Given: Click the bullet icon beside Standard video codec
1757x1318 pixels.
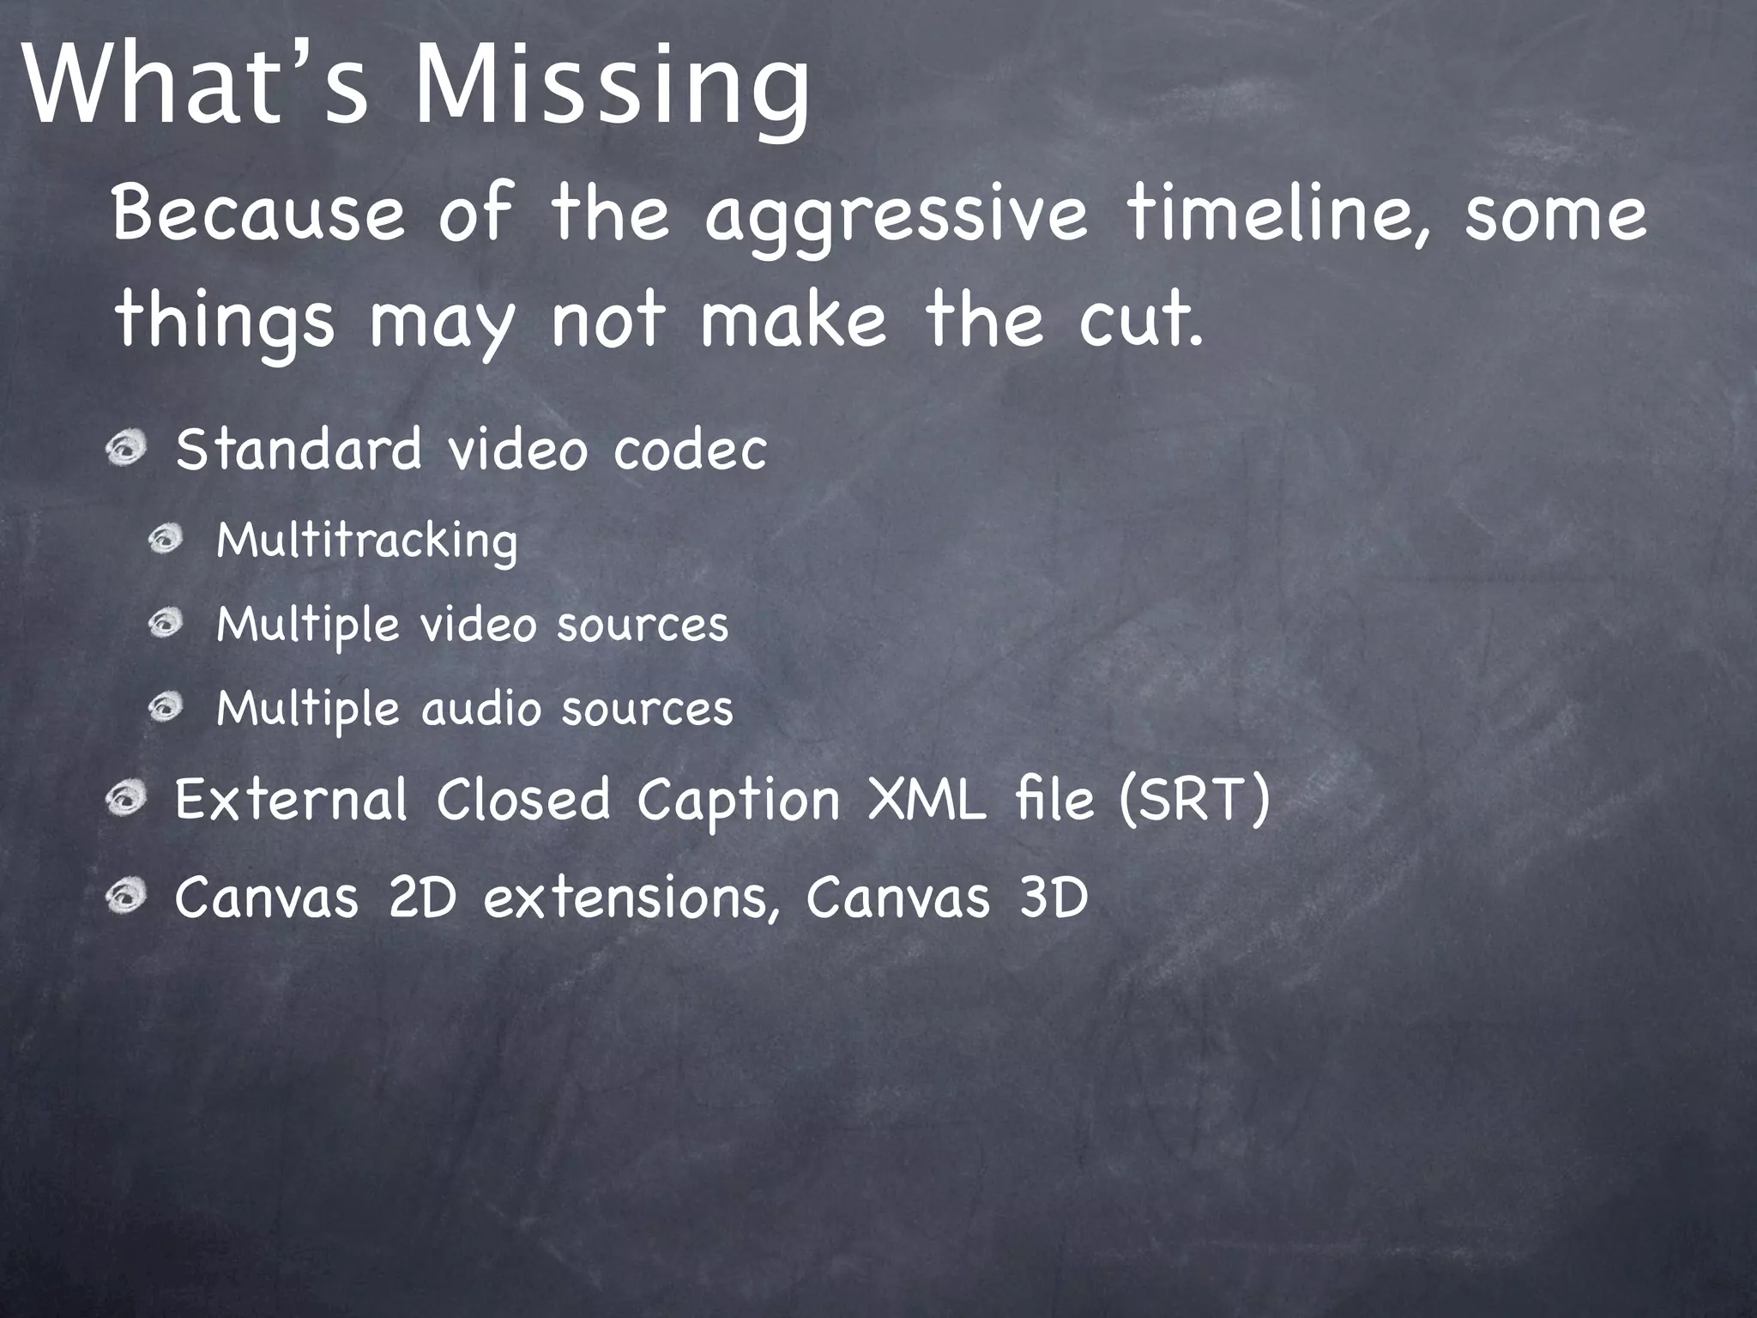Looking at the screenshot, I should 128,448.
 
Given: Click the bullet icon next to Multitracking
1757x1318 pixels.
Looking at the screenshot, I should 166,540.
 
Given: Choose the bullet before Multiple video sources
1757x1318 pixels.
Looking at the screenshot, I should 166,623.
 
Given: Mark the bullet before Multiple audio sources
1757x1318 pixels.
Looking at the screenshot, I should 166,708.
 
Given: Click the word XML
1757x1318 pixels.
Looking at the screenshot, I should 927,799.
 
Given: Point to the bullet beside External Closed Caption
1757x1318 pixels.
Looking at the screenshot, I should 128,799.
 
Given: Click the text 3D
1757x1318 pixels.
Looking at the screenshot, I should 1053,898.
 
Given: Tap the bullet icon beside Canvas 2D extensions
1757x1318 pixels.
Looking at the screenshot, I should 128,898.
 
